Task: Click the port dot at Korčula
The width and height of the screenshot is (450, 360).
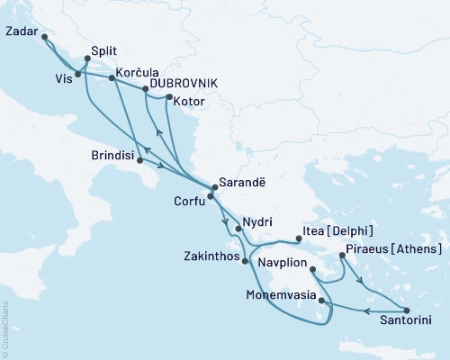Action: tap(112, 78)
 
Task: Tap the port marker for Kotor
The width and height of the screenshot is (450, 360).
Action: tap(169, 97)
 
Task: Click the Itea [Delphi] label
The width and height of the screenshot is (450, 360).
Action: tap(340, 231)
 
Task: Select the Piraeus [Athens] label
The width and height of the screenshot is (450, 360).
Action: tap(394, 248)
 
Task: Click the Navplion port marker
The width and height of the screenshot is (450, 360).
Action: tap(311, 269)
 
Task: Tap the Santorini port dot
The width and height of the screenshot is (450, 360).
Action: tap(407, 310)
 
